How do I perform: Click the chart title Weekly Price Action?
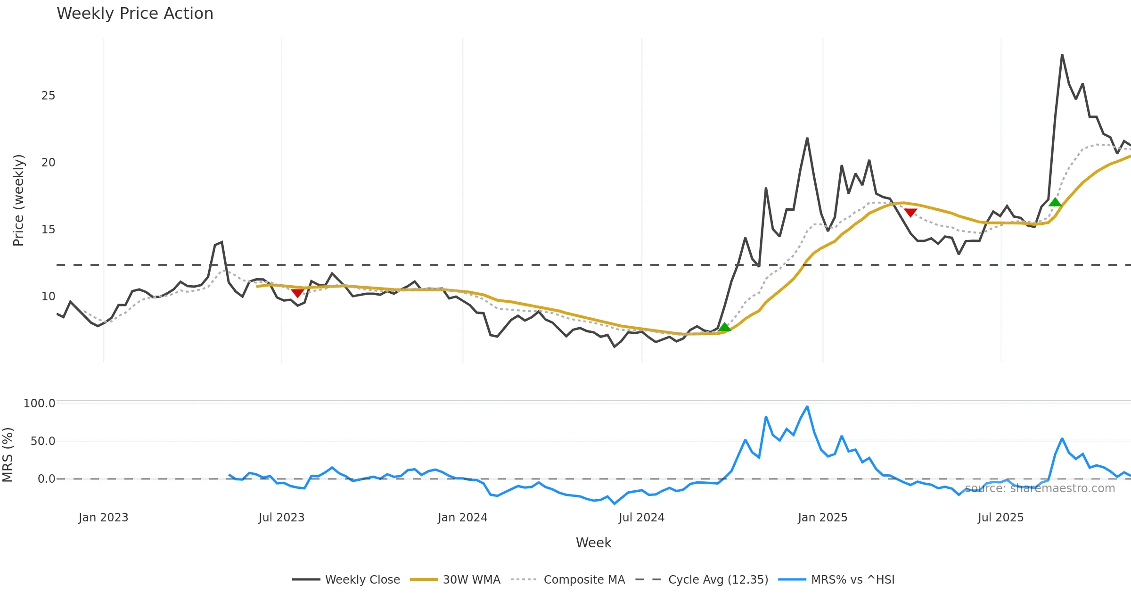[x=135, y=14]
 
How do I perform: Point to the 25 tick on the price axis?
[x=48, y=96]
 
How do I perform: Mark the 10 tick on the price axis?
[x=48, y=297]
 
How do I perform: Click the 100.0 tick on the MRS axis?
[x=40, y=404]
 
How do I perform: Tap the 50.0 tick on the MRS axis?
[x=43, y=441]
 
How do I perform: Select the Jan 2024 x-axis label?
[x=462, y=518]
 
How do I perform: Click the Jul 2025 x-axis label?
[x=1000, y=518]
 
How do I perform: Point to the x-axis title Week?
[x=593, y=543]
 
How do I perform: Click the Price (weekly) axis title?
[x=18, y=200]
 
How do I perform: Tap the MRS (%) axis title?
[x=8, y=454]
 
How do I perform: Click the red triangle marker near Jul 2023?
[x=297, y=293]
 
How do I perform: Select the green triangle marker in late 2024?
[x=725, y=327]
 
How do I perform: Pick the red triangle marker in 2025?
[x=910, y=213]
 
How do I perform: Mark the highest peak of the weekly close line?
[x=1062, y=55]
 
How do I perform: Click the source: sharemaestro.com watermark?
[x=1040, y=488]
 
